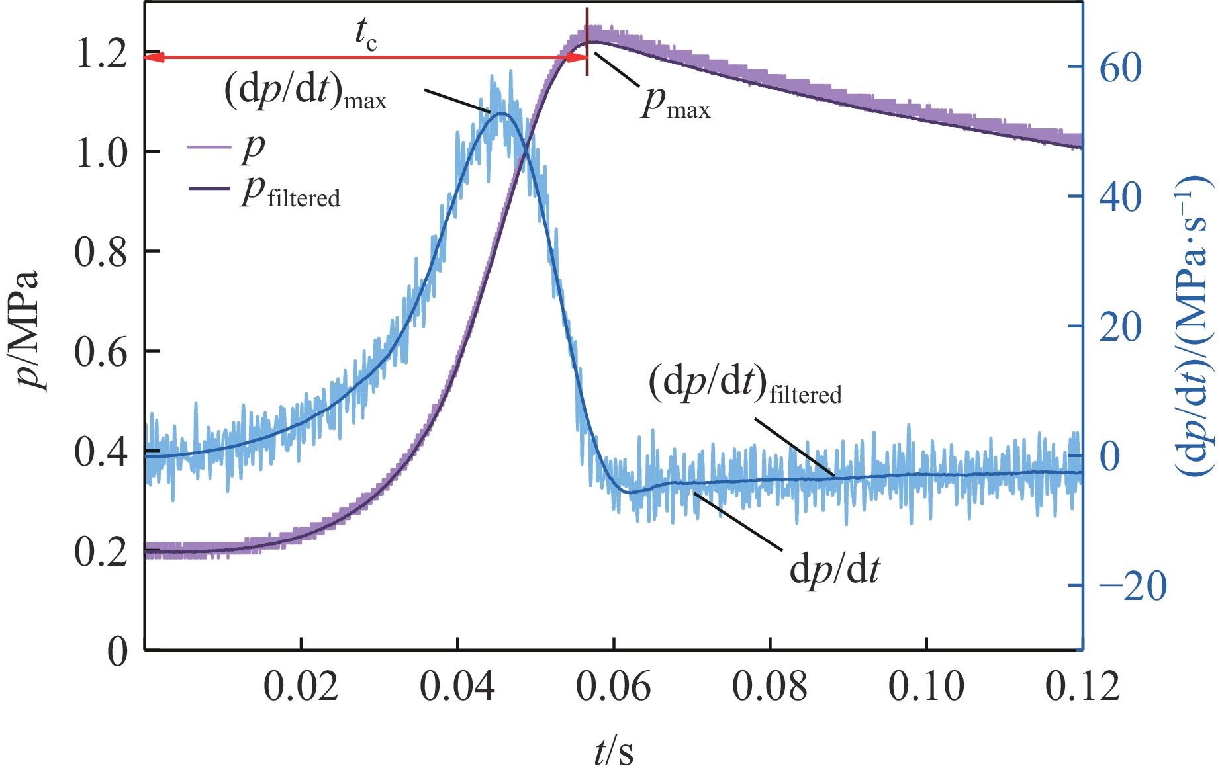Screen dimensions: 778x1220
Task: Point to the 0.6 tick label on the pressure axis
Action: coord(101,352)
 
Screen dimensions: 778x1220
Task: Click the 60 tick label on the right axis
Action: coord(1121,67)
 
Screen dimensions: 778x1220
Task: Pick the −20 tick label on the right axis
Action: coord(1133,586)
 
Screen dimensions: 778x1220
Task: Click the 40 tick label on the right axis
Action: coord(1121,196)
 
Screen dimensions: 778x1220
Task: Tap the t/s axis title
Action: coord(613,753)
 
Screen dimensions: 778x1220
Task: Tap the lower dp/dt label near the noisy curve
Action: coord(835,570)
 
